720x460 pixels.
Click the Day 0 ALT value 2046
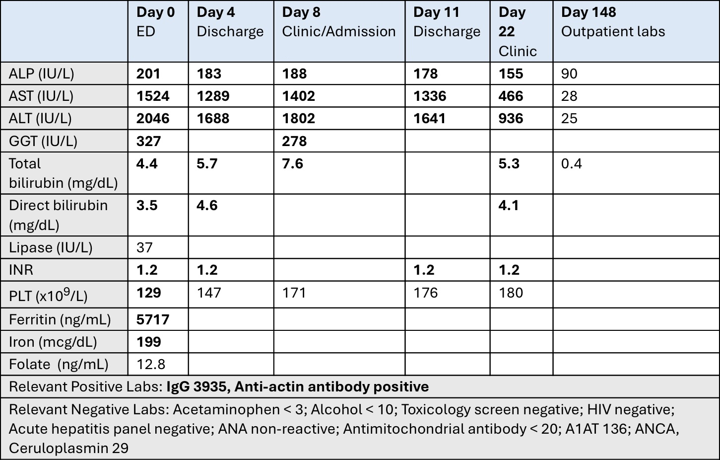[x=153, y=118]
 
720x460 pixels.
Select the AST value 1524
[x=153, y=96]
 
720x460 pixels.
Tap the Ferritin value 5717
[x=153, y=319]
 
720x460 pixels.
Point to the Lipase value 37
[x=144, y=247]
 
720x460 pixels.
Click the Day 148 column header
[x=613, y=22]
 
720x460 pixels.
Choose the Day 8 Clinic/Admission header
[x=339, y=22]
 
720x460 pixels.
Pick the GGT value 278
[x=294, y=141]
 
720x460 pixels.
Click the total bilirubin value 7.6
[x=292, y=163]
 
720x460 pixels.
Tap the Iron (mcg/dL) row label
[x=53, y=342]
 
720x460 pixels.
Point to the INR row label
[x=21, y=270]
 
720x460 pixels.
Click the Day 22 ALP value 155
[x=511, y=74]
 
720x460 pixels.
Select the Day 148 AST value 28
[x=569, y=96]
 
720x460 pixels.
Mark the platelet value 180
[x=511, y=293]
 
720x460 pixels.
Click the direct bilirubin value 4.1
[x=509, y=205]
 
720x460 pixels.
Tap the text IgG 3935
[x=198, y=386]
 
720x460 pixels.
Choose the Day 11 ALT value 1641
[x=429, y=118]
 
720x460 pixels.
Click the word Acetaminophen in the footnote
[x=226, y=409]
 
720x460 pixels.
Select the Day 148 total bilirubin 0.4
[x=572, y=163]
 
